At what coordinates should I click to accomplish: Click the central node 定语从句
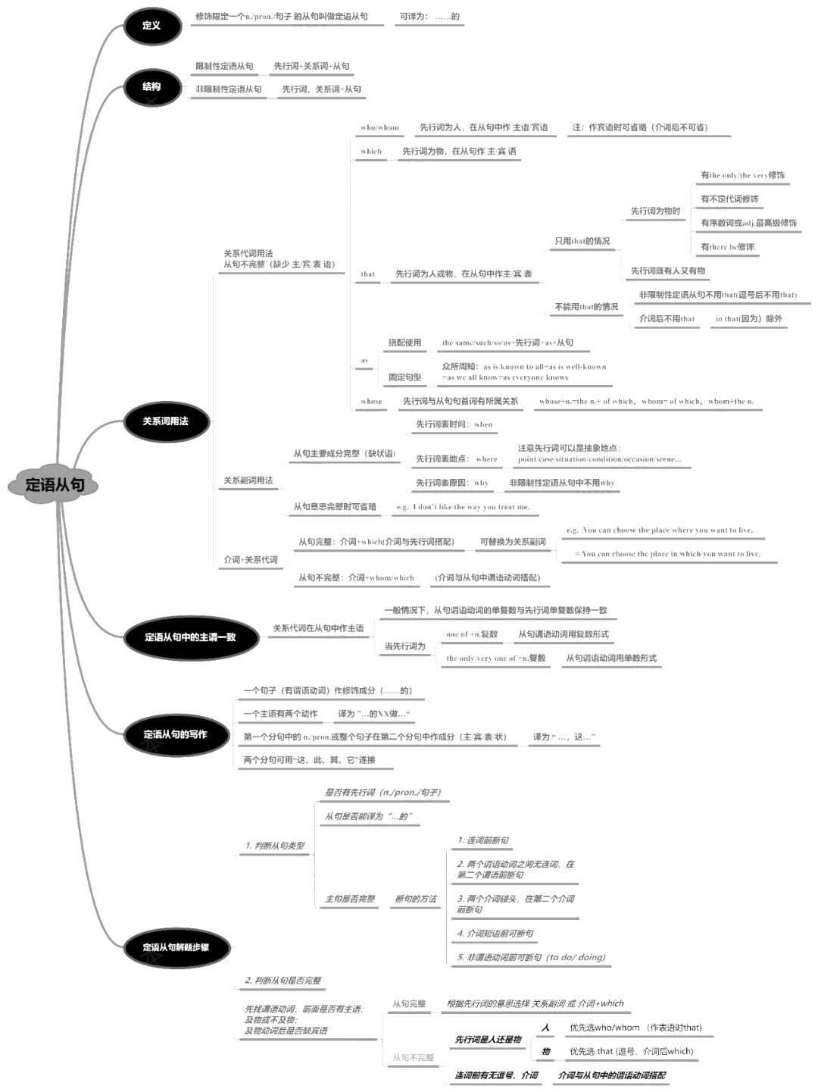click(x=54, y=484)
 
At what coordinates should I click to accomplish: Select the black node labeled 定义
click(x=151, y=26)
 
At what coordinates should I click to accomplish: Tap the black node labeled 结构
click(x=151, y=86)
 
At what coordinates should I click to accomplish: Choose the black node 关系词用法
click(x=165, y=421)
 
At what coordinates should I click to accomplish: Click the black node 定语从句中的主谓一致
click(x=190, y=637)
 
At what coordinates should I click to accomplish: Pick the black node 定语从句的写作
click(x=175, y=734)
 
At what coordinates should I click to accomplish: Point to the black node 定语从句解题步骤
click(x=176, y=947)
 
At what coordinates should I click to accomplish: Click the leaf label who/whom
click(x=379, y=128)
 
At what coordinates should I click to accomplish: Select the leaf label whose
click(x=371, y=402)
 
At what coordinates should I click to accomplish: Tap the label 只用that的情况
click(x=582, y=242)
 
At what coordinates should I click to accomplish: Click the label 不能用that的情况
click(x=586, y=307)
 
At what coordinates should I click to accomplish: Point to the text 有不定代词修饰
click(x=729, y=199)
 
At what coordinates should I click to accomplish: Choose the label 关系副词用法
click(x=248, y=480)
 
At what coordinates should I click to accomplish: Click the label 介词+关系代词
click(x=250, y=560)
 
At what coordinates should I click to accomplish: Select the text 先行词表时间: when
click(x=454, y=424)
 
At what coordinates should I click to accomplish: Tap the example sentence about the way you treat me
click(x=463, y=507)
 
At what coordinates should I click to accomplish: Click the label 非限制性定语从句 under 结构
click(x=229, y=89)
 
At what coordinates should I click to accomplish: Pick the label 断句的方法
click(x=416, y=900)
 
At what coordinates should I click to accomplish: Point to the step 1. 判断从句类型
click(x=274, y=846)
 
